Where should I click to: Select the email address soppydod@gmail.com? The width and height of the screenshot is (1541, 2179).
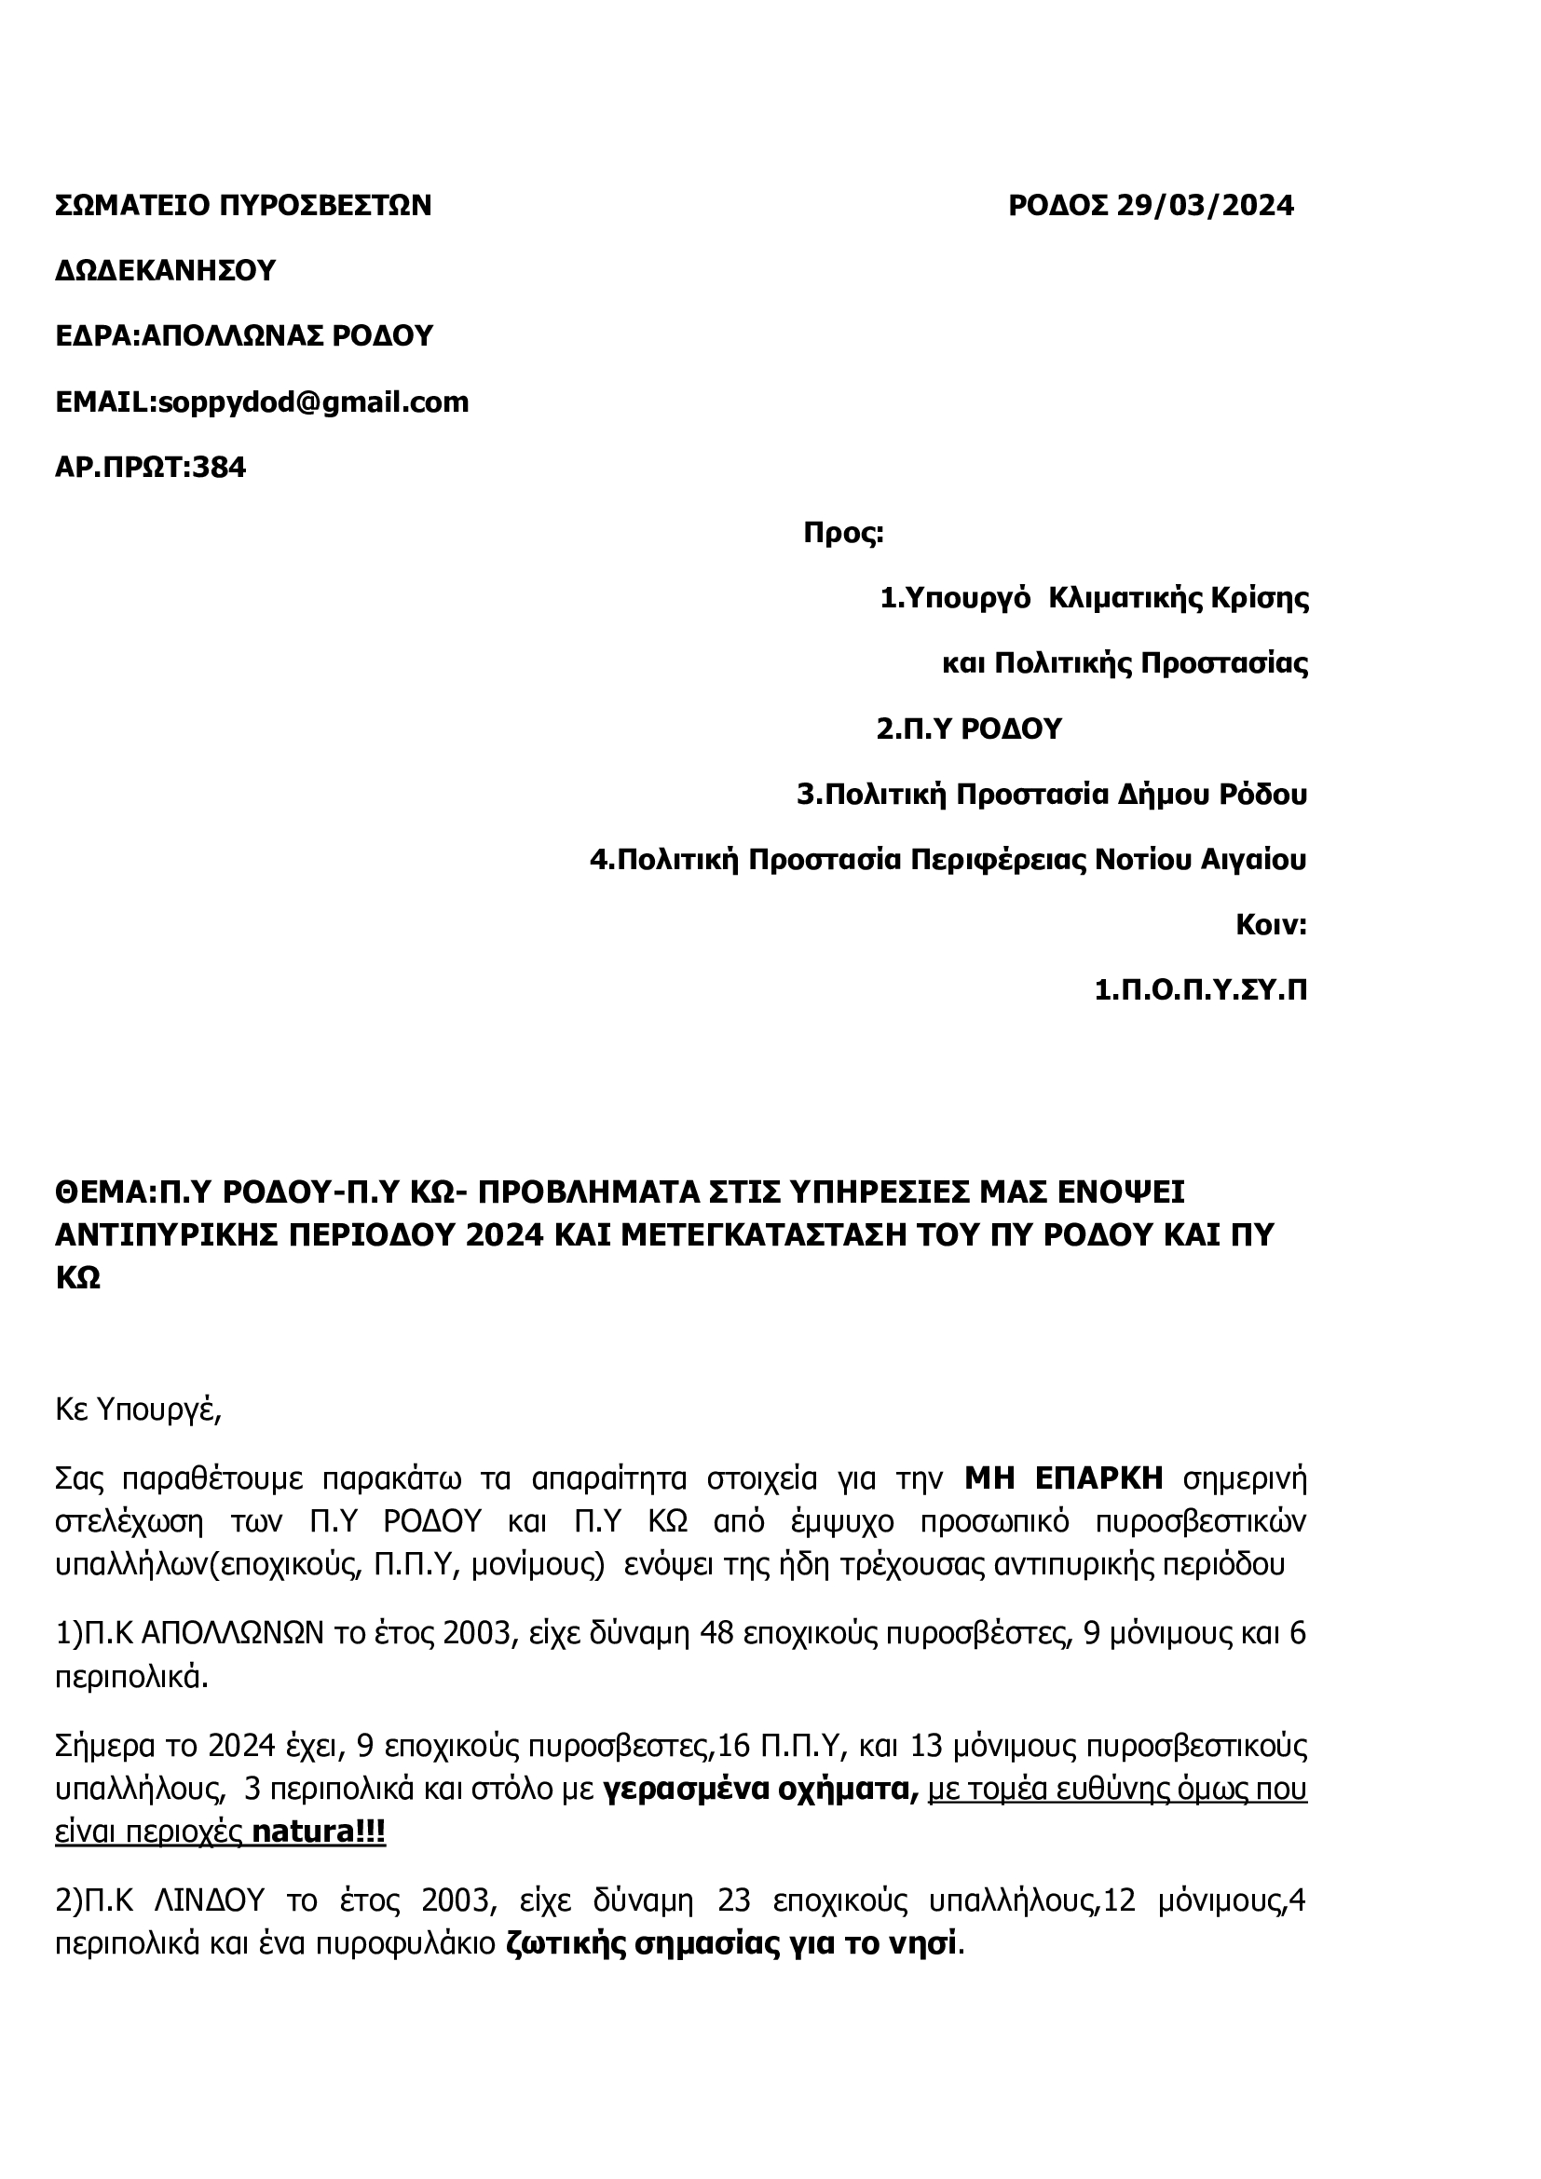click(x=313, y=402)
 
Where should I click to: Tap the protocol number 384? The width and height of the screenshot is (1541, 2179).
click(x=219, y=468)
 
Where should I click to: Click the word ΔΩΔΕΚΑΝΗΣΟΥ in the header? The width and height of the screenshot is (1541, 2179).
click(x=165, y=271)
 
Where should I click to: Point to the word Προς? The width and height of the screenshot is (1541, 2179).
click(x=843, y=534)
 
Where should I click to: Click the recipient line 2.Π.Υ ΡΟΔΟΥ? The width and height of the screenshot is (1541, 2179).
click(x=968, y=729)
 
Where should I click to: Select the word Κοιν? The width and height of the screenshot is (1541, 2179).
click(x=1271, y=925)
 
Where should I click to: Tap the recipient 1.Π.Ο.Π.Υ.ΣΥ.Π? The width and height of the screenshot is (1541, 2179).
click(x=1200, y=991)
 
